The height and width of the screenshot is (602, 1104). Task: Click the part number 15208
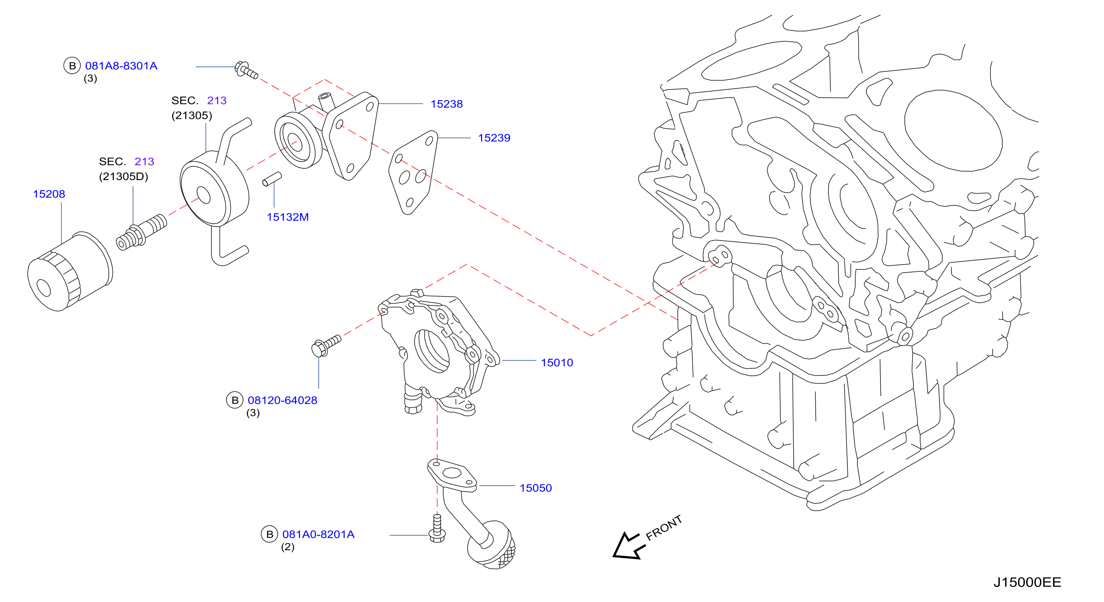point(49,194)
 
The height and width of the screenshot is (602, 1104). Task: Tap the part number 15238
point(447,104)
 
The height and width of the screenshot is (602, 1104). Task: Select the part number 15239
point(494,138)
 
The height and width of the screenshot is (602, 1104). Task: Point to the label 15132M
point(288,217)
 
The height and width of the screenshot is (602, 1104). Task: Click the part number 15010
point(557,363)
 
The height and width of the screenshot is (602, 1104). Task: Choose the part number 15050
point(536,488)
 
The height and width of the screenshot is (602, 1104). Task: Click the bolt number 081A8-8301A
point(121,66)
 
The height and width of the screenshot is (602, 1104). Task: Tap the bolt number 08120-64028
point(282,400)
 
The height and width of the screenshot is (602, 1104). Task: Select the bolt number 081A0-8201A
point(318,535)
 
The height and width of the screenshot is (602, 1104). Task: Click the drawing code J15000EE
point(1027,582)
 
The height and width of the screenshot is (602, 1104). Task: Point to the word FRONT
point(664,528)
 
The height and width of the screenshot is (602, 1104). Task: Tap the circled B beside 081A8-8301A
point(72,66)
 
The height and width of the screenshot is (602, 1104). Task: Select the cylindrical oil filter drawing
point(69,271)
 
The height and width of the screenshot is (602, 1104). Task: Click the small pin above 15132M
point(272,179)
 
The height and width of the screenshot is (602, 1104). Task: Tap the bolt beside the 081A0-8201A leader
point(437,529)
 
